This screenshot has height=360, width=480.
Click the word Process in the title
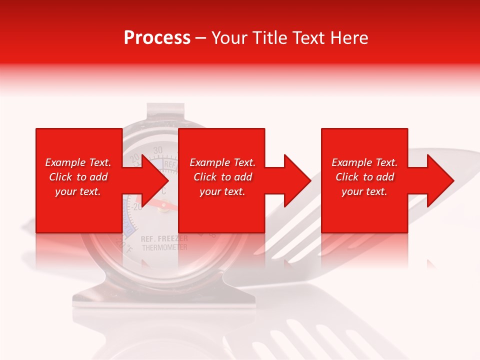157,38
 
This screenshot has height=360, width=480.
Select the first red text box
79,180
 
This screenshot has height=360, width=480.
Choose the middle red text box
221,180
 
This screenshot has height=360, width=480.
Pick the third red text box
364,180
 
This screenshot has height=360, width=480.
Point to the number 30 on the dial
158,150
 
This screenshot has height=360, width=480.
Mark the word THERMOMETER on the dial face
164,247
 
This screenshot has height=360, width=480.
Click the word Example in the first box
63,162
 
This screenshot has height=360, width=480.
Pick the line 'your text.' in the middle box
222,191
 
